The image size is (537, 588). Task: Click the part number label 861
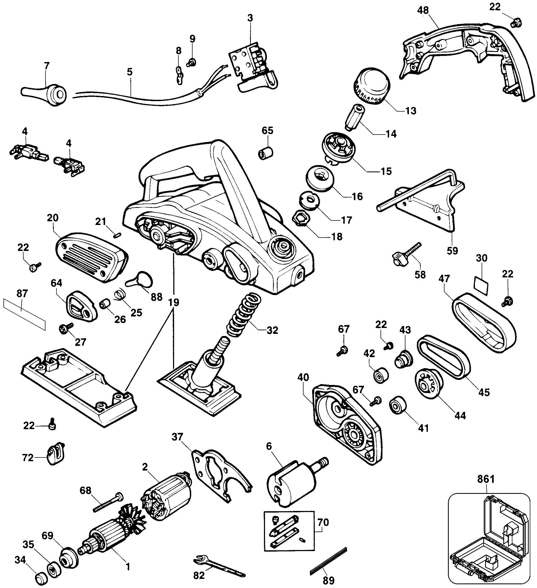[486, 479]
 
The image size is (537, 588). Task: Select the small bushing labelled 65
[266, 152]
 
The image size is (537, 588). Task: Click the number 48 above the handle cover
[423, 10]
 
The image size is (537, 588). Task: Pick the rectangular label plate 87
[25, 314]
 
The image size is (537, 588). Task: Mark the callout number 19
[174, 302]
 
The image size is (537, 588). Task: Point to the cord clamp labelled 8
[179, 75]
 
